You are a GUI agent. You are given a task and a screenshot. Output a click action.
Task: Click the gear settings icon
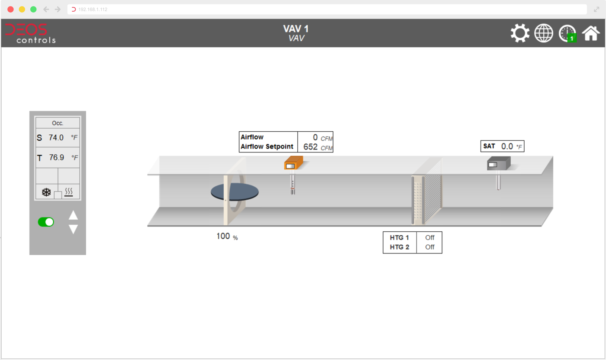coord(520,33)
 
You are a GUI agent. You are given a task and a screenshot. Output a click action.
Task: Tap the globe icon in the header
coord(544,33)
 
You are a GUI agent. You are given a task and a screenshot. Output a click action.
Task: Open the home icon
coord(591,33)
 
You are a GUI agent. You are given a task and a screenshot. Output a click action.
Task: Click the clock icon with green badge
coord(567,33)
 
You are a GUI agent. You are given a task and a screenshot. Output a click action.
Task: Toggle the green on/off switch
coord(46,222)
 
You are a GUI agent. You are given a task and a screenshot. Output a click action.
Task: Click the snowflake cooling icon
coord(46,192)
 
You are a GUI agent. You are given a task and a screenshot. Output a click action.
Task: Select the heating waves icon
coord(69,192)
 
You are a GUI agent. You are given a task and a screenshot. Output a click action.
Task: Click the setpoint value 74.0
coord(56,137)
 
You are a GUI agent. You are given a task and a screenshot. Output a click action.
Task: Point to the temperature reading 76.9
coord(57,157)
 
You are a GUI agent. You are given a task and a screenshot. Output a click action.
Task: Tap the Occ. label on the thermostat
coord(58,123)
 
